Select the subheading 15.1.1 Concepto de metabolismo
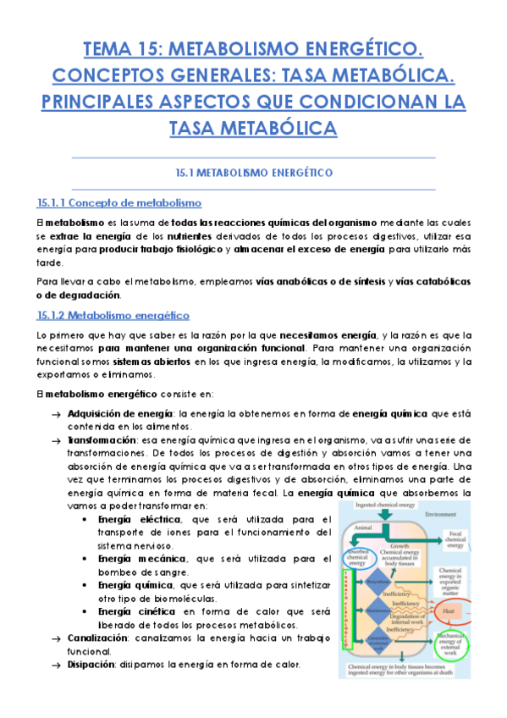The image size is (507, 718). coord(118,203)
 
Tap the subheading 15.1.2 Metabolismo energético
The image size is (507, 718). coord(113,315)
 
